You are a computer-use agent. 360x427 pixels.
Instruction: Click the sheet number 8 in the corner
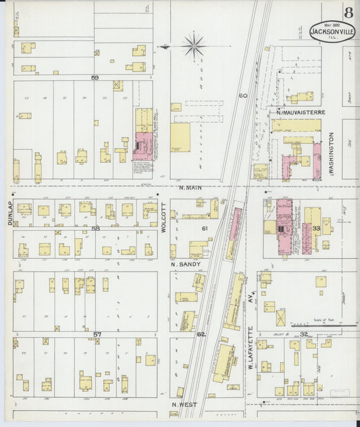tap(348, 12)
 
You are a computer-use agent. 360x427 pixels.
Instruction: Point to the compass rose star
tap(195, 45)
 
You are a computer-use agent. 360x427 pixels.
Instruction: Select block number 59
tap(95, 78)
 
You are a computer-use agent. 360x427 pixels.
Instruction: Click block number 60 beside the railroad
tap(242, 96)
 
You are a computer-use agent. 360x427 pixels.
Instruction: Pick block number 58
tap(95, 228)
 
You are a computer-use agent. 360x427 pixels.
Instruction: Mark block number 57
tap(97, 334)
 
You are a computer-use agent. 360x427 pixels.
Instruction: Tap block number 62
tap(201, 334)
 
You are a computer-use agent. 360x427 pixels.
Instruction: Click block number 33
tap(316, 229)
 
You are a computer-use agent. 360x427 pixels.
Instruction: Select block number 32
tap(304, 334)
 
